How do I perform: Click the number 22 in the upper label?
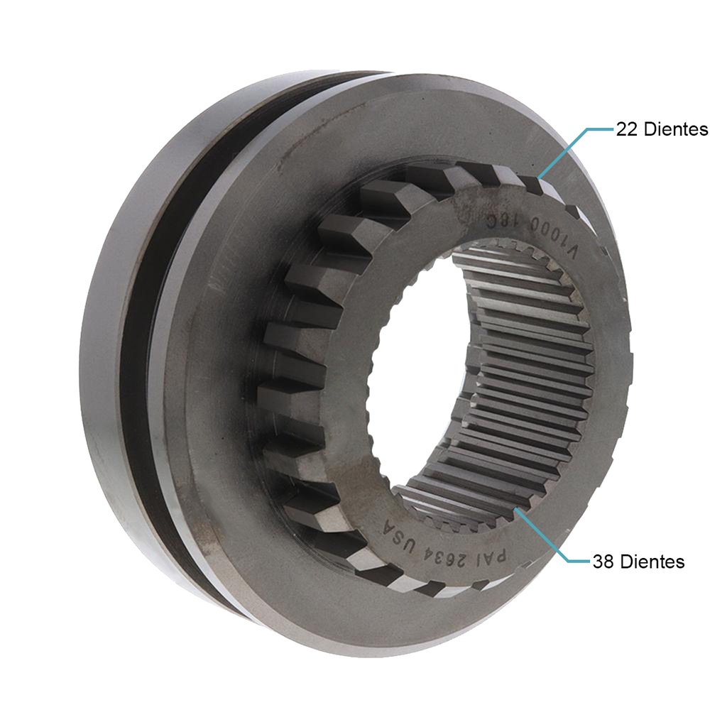(x=628, y=129)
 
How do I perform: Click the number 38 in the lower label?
(x=604, y=562)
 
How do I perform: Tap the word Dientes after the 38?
(x=652, y=562)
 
